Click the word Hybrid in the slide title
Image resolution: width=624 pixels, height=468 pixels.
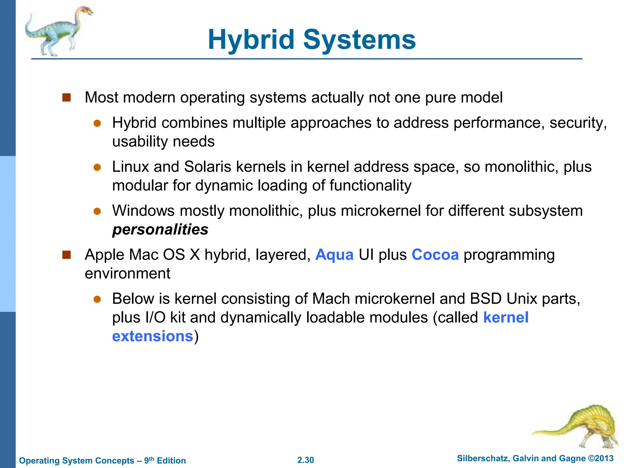[251, 40]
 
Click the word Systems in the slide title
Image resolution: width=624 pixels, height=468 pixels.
[360, 40]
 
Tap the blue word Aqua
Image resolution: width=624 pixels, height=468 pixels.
[334, 255]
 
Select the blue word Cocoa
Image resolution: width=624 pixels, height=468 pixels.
[435, 255]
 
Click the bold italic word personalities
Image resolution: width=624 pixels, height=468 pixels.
[160, 230]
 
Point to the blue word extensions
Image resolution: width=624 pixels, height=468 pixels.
[153, 336]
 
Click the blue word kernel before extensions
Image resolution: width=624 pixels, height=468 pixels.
[506, 317]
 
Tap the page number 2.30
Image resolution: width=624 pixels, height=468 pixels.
[306, 460]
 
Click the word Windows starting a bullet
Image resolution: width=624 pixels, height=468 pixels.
[144, 211]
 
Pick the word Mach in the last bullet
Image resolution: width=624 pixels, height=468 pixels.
[331, 299]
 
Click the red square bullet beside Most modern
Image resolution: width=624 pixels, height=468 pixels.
[66, 97]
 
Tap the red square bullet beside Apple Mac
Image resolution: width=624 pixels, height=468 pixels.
[66, 255]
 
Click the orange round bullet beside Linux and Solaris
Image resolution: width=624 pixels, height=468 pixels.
[97, 167]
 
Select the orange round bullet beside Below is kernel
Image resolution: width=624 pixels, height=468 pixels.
[97, 299]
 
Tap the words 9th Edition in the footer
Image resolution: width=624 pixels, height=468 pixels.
[165, 460]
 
